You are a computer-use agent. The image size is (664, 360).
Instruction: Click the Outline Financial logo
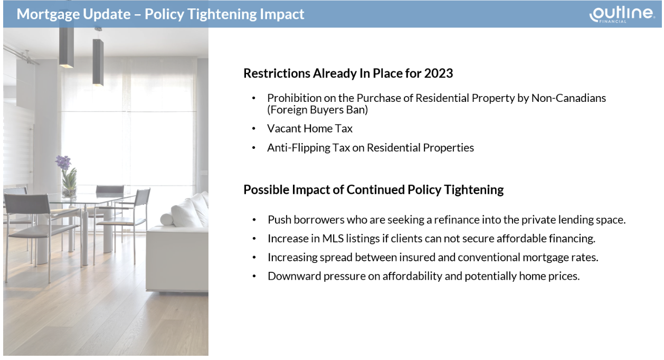(x=622, y=14)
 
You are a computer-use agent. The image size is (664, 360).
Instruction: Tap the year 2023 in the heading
(x=439, y=73)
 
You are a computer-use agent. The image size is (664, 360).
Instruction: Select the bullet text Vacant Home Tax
(x=310, y=129)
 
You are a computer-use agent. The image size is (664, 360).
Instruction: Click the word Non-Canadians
(x=568, y=98)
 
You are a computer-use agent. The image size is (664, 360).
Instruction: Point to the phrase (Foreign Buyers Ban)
(x=317, y=110)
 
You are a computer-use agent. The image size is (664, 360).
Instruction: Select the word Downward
(x=294, y=276)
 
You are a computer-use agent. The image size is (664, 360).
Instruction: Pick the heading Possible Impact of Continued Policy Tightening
(x=374, y=190)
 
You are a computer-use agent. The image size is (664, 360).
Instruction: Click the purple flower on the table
(x=63, y=162)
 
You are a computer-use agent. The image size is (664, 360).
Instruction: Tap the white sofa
(x=178, y=244)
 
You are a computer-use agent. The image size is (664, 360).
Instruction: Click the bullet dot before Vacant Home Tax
(x=254, y=129)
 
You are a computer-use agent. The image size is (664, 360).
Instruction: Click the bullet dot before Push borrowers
(x=254, y=220)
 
